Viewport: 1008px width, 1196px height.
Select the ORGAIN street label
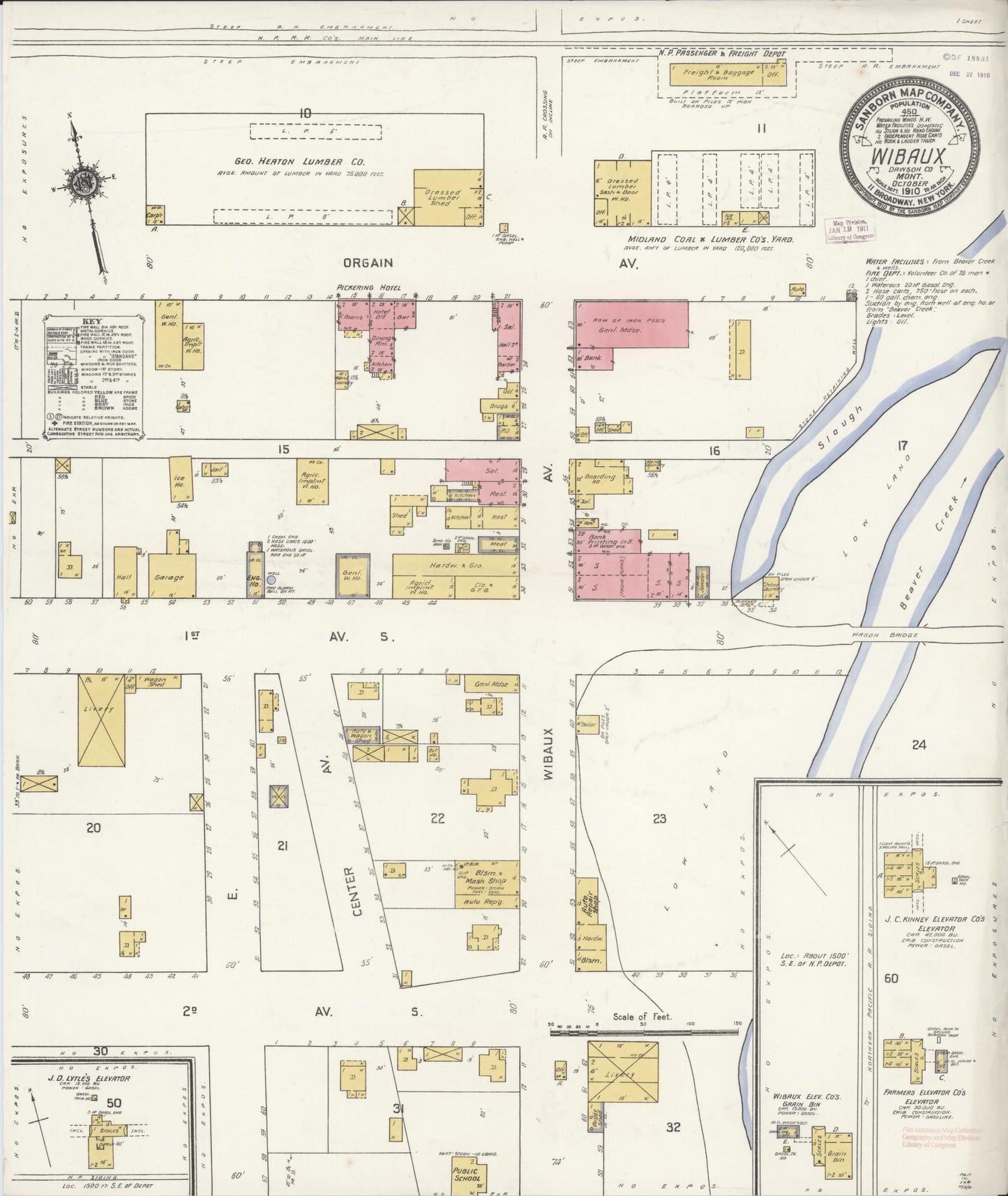coord(368,263)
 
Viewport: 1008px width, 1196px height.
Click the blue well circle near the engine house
coord(271,580)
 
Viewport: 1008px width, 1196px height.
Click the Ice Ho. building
coord(181,479)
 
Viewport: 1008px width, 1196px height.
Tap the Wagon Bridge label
coord(873,634)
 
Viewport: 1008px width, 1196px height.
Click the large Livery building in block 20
coord(100,720)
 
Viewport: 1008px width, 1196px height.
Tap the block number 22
coord(437,818)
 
